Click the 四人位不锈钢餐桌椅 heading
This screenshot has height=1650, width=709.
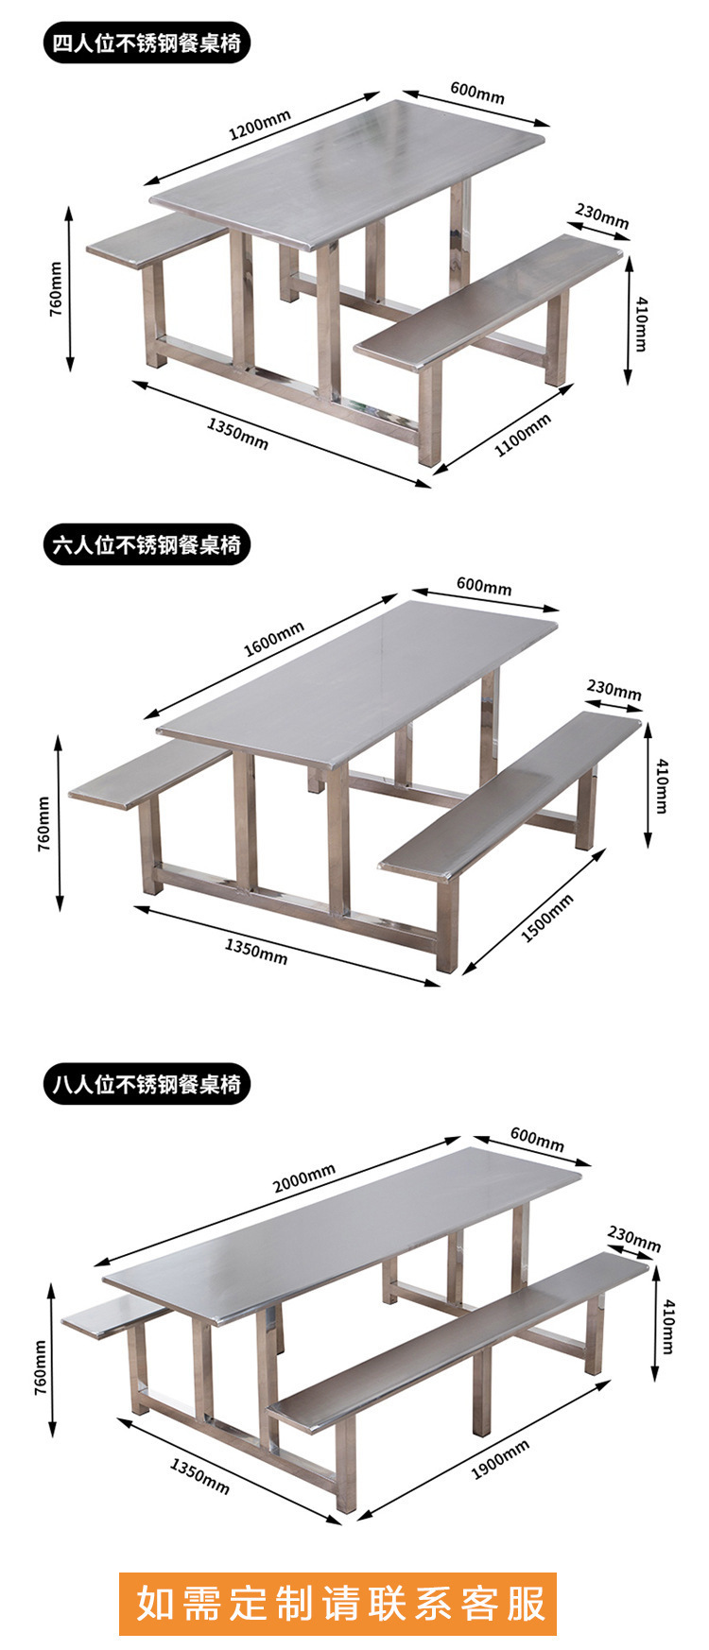click(147, 43)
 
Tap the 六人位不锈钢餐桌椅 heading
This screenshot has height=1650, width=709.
click(147, 544)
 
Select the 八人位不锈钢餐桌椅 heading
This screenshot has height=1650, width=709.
click(147, 1084)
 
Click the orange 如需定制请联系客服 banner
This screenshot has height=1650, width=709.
click(337, 1604)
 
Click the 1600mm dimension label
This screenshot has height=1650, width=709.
click(274, 640)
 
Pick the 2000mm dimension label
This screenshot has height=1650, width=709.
click(303, 1179)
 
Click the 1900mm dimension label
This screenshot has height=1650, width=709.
click(500, 1460)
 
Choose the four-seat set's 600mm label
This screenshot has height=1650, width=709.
click(477, 93)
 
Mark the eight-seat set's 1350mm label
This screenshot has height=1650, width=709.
click(199, 1476)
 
